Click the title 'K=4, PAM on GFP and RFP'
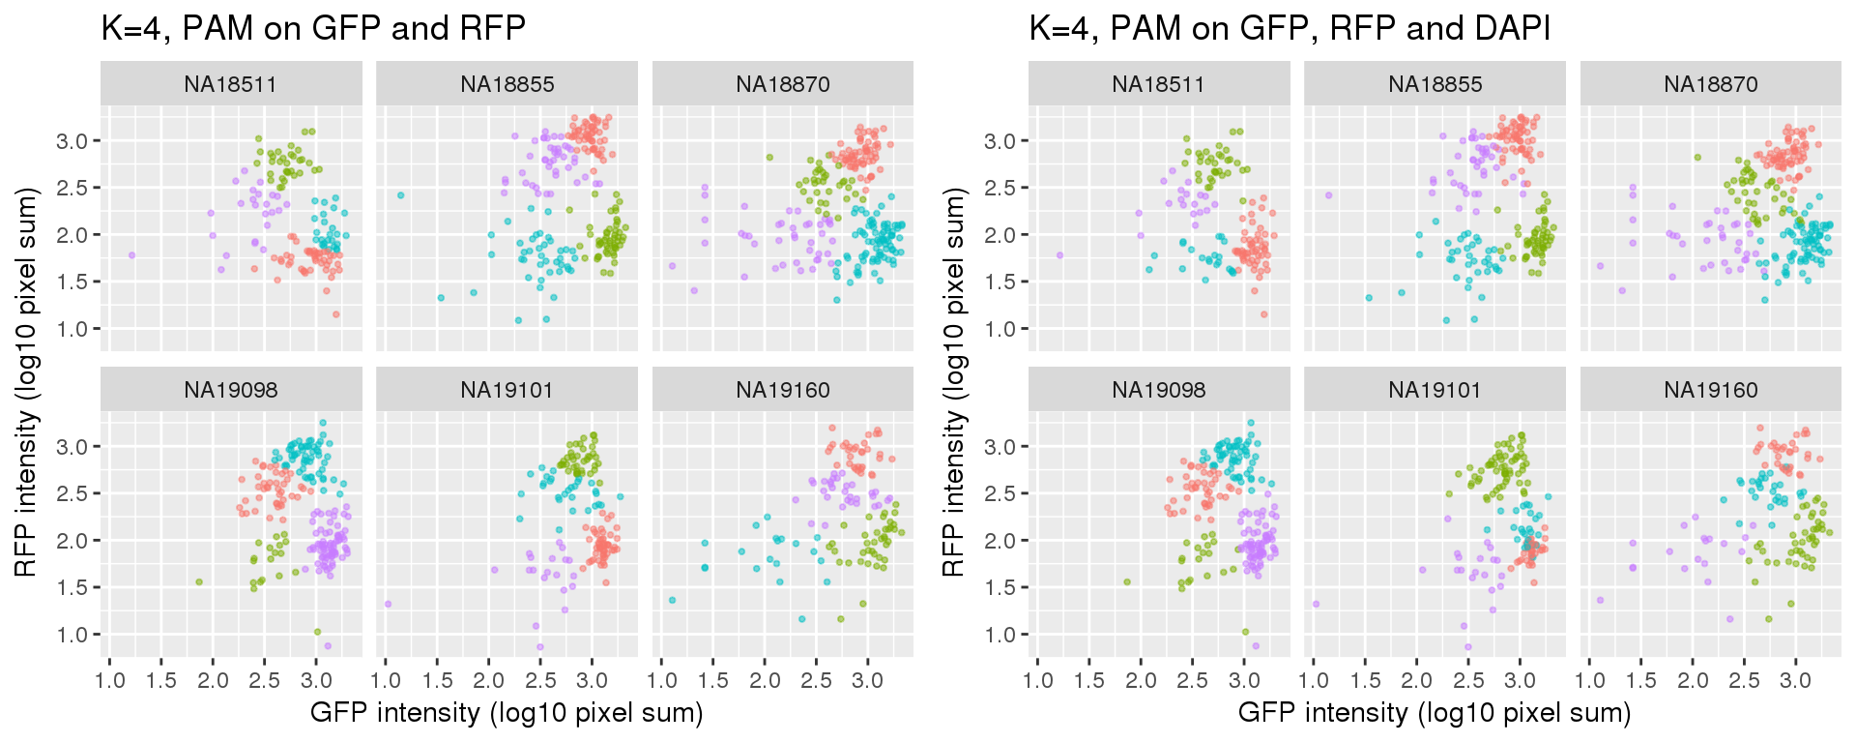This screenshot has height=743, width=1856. coord(313,29)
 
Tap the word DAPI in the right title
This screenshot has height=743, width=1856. coord(1512,29)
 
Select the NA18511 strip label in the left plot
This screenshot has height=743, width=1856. coord(231,85)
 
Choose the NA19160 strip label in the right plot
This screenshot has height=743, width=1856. coord(1711,391)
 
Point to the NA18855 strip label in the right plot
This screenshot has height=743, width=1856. coord(1435,85)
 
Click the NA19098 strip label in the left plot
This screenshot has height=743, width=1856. coord(231,391)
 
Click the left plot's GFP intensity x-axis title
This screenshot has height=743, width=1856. coord(507,714)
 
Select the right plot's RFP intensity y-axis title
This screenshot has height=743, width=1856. coord(953,382)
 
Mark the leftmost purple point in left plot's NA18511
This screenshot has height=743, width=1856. coord(131,255)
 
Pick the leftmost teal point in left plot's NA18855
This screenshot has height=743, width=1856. coord(400,195)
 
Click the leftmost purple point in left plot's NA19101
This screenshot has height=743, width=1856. coord(388,604)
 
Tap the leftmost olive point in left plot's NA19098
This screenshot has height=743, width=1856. coord(199,582)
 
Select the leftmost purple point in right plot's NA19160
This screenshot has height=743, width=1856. coord(1600,600)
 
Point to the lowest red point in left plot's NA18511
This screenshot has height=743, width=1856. coord(336,314)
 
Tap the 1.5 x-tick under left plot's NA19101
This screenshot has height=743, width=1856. coord(437,681)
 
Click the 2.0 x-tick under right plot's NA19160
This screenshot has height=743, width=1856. coord(1693,681)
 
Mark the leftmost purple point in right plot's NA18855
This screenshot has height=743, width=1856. coord(1329,195)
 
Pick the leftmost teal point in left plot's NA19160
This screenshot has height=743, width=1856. coord(672,600)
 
